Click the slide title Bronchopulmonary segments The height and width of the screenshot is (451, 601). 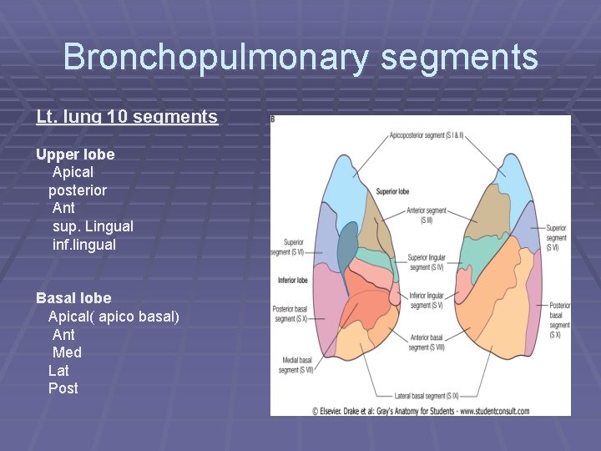pos(300,58)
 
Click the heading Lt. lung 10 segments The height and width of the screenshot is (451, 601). pos(127,117)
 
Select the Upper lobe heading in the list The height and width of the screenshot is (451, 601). pos(75,155)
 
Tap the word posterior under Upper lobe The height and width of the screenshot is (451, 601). pos(78,190)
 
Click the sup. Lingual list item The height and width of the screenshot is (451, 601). pos(93,226)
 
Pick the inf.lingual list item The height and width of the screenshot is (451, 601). pos(84,245)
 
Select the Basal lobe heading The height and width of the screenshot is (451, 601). pos(73,298)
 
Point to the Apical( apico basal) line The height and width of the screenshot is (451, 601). pos(114,317)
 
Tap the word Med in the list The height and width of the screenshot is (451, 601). pos(67,352)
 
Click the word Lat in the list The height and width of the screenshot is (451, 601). pos(58,370)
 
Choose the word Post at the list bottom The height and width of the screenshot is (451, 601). pos(63,388)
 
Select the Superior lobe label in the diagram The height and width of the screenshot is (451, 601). pos(392,191)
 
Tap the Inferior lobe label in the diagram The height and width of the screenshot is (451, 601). pos(294,281)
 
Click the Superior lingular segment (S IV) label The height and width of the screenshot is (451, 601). pos(427,262)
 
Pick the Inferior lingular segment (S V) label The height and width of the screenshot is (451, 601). pos(427,301)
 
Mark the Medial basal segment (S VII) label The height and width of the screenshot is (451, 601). pos(293,365)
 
